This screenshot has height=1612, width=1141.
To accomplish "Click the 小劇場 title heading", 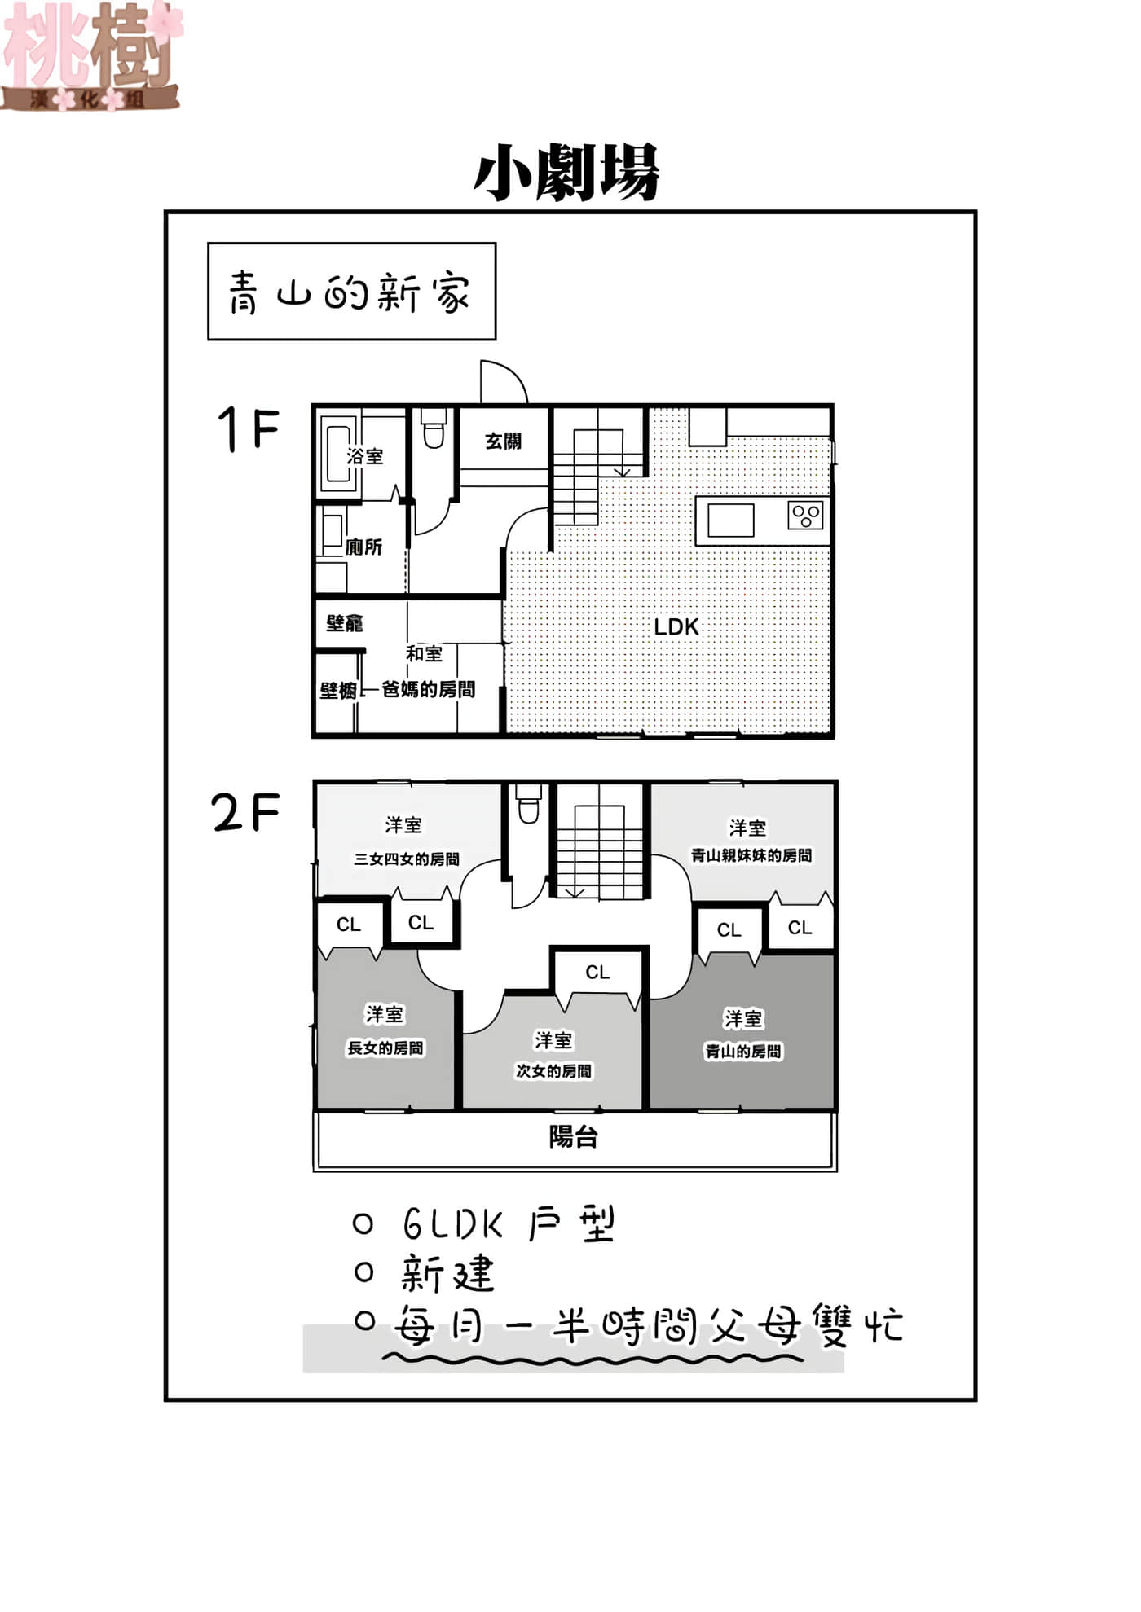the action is tap(566, 173).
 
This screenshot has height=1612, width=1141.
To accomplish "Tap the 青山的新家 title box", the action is tap(352, 291).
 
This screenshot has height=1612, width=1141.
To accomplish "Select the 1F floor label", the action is tap(248, 428).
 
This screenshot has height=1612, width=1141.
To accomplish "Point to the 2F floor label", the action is tap(245, 812).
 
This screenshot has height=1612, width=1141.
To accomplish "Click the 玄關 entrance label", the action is tap(503, 441).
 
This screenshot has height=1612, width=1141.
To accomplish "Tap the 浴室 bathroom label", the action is tap(364, 456).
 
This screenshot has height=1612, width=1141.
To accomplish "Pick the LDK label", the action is tap(676, 626).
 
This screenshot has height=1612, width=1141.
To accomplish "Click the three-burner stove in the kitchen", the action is tap(805, 516).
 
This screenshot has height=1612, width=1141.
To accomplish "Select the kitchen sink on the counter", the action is tap(730, 520).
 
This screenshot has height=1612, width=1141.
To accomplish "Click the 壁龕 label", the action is tap(345, 623).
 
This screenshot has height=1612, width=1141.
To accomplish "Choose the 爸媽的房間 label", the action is tap(429, 689).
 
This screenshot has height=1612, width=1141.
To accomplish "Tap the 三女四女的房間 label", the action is tap(407, 859).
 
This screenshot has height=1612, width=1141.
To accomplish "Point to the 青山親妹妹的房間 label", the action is tap(751, 855).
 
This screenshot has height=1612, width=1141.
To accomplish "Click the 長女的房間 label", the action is tap(385, 1048).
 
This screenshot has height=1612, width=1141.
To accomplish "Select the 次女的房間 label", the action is tap(554, 1070).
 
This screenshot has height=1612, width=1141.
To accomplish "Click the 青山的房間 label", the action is tap(743, 1051).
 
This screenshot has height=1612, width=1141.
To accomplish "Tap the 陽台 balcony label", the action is tap(574, 1136).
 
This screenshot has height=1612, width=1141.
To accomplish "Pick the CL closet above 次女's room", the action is tap(597, 972).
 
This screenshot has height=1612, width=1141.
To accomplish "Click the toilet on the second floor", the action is tap(529, 803).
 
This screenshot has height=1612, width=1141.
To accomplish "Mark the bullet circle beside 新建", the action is tap(364, 1272).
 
